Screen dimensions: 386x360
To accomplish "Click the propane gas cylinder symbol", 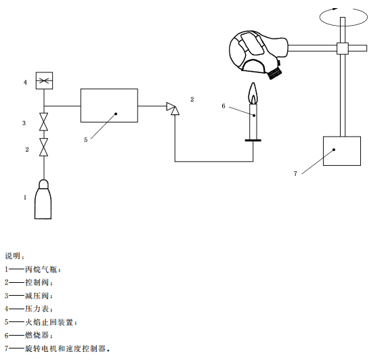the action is pyautogui.click(x=43, y=200).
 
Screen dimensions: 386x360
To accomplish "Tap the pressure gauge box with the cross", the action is pyautogui.click(x=44, y=81).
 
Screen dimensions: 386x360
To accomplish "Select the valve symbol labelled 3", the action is pyautogui.click(x=44, y=122).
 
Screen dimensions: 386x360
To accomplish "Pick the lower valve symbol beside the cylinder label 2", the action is pyautogui.click(x=44, y=147).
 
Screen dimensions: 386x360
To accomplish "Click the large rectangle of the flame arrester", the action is pyautogui.click(x=109, y=106).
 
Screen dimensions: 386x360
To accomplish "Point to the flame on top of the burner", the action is pyautogui.click(x=253, y=93).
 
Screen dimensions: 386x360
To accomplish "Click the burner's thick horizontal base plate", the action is pyautogui.click(x=253, y=141).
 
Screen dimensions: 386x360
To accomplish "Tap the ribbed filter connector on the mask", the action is pyautogui.click(x=274, y=73).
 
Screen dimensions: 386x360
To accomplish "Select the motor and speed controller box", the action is pyautogui.click(x=342, y=151).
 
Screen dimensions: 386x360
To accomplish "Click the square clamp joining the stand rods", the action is pyautogui.click(x=343, y=48).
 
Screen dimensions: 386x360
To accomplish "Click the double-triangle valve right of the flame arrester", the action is pyautogui.click(x=173, y=108).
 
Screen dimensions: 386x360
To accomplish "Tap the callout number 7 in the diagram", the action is pyautogui.click(x=295, y=174).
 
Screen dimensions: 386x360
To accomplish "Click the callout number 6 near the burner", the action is pyautogui.click(x=223, y=106).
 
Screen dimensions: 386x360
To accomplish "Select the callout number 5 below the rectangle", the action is pyautogui.click(x=86, y=140).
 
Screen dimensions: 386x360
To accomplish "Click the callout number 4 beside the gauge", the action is pyautogui.click(x=25, y=82).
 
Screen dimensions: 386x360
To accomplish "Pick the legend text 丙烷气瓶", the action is pyautogui.click(x=41, y=269).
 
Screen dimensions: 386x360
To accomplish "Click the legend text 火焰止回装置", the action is pyautogui.click(x=49, y=322).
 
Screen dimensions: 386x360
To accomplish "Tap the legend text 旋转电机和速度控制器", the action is pyautogui.click(x=66, y=348).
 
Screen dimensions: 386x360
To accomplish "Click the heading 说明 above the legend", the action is pyautogui.click(x=13, y=256).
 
